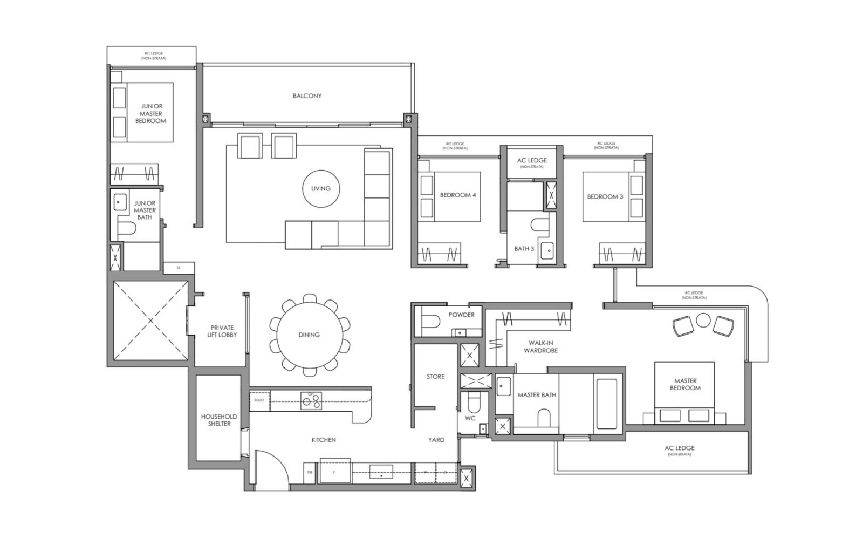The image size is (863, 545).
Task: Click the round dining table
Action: pyautogui.click(x=309, y=335)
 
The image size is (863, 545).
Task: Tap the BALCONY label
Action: pyautogui.click(x=307, y=96)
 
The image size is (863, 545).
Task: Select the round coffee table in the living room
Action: pyautogui.click(x=320, y=188)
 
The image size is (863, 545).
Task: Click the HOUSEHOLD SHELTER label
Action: pyautogui.click(x=218, y=420)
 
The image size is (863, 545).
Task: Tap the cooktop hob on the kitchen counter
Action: pyautogui.click(x=311, y=400)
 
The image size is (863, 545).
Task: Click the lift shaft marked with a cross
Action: pyautogui.click(x=150, y=321)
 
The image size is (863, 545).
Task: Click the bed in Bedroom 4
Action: pyautogui.click(x=449, y=196)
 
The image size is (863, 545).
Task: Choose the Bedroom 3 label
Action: pyautogui.click(x=605, y=196)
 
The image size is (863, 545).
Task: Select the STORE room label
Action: pyautogui.click(x=435, y=376)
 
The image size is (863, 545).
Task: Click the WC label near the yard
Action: pyautogui.click(x=470, y=418)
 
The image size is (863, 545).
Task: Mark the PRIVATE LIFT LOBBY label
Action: pyautogui.click(x=222, y=331)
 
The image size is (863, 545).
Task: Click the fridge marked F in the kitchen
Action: pyautogui.click(x=334, y=471)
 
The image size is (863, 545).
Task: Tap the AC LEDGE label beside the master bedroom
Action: pyautogui.click(x=679, y=448)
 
